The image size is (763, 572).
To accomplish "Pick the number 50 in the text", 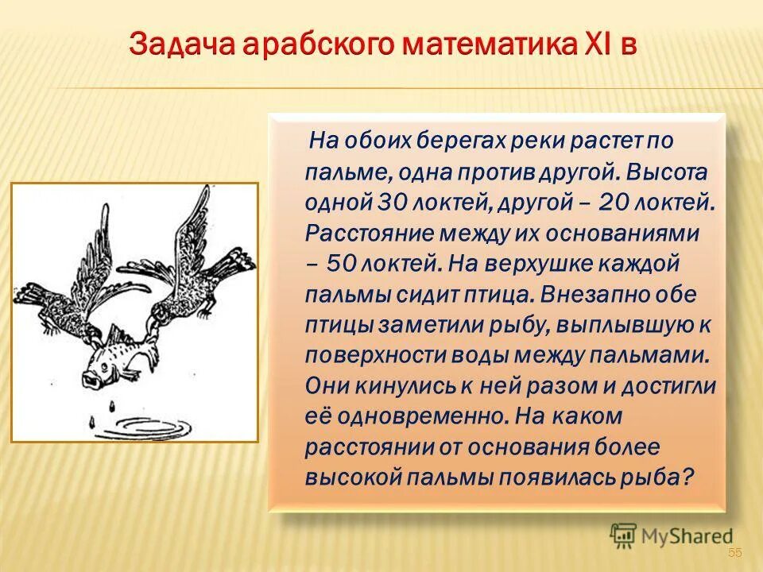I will pos(340,263).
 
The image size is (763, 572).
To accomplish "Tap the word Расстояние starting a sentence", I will pos(362,233).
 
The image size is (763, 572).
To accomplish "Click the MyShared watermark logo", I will pos(672,536).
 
